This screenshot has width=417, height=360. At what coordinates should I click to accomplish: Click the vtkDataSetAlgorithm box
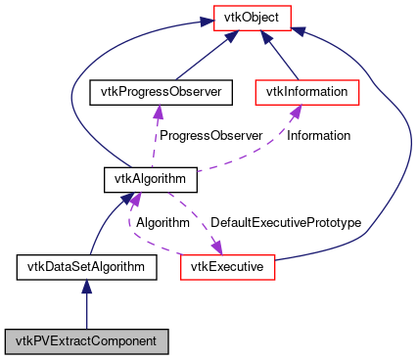tap(86, 265)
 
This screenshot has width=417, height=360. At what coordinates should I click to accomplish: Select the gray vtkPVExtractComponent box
tap(86, 341)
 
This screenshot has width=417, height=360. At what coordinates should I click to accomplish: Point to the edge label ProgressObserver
tap(211, 136)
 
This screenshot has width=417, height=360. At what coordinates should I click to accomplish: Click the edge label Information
tap(318, 136)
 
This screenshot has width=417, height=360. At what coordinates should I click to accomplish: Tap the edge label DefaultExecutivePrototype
tap(286, 223)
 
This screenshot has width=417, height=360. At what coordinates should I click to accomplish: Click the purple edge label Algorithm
tap(162, 223)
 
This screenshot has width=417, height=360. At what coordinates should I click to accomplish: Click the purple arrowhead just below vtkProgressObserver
tap(155, 112)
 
